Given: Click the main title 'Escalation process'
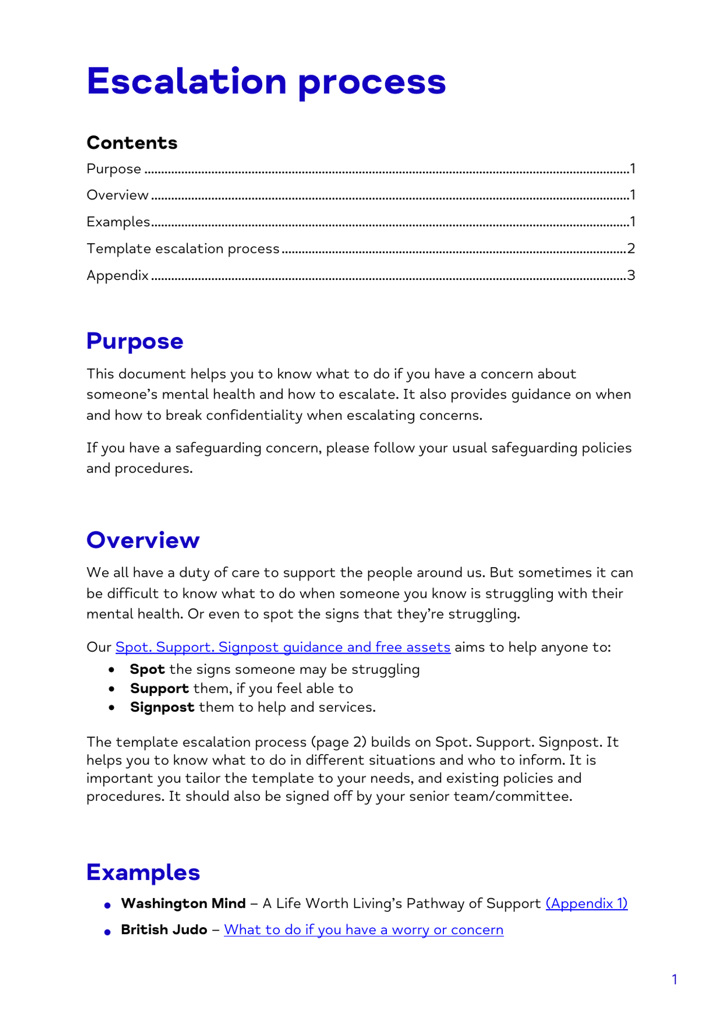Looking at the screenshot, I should pos(266,82).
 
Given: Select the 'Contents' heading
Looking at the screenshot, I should pos(132,143).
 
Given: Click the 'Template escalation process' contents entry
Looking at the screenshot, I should pos(183,248).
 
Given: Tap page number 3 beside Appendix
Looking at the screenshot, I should pos(631,275).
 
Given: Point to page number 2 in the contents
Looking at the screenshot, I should pos(631,248).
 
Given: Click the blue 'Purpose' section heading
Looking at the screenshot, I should pos(135,341).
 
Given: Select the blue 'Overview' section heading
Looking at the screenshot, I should pos(143,540).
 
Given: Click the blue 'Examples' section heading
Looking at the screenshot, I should pos(143,872).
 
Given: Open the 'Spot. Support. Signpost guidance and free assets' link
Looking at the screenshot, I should pos(283,647).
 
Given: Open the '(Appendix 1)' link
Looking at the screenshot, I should pos(586,904).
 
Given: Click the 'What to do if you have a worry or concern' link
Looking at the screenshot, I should pos(363,930).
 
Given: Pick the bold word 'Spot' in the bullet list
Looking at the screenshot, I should pos(147,669).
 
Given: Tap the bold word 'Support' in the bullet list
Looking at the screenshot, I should pos(159,689).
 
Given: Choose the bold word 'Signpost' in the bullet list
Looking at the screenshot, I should pos(162,707).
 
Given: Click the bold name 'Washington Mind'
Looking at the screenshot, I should pos(183,904).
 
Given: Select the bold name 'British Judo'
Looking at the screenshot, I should pos(164,930).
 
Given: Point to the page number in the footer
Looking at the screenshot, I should pos(675,979).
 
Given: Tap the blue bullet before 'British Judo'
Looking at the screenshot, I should pos(108,932).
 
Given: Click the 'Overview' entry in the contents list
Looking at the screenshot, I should pos(117,195).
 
